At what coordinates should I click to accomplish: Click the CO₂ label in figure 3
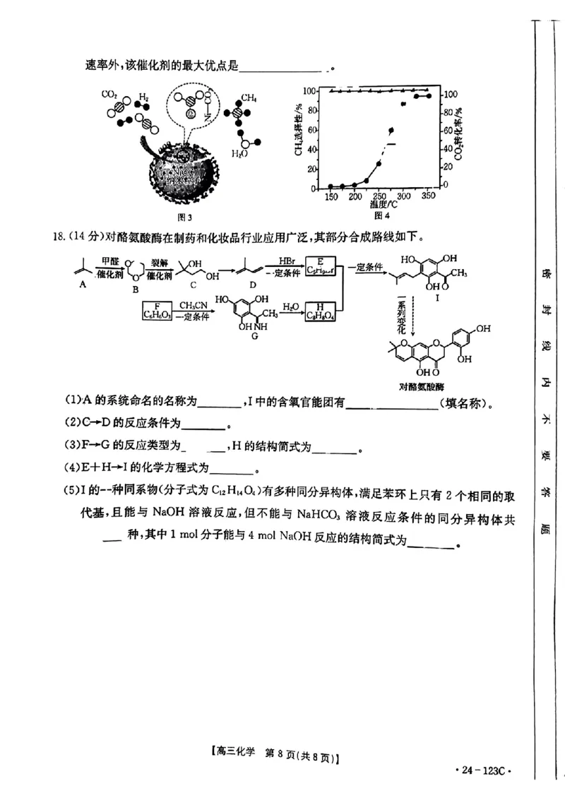click(x=109, y=94)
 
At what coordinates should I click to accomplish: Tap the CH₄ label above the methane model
click(x=249, y=98)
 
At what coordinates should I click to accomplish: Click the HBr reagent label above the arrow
click(x=287, y=261)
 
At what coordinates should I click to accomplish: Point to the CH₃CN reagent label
click(x=191, y=304)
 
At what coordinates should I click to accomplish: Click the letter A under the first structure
click(x=83, y=283)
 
